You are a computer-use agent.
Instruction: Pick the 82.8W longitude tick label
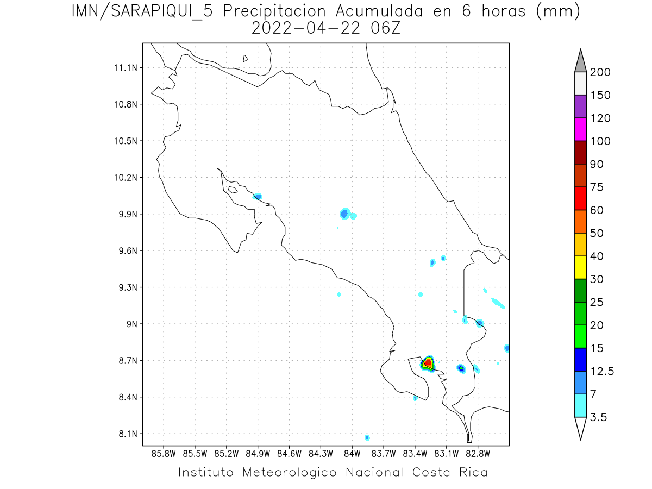click(478, 453)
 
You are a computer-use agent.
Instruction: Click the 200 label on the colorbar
click(600, 72)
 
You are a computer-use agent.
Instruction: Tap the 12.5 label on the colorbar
click(603, 372)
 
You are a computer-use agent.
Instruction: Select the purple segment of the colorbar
click(580, 106)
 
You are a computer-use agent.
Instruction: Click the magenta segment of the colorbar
click(580, 129)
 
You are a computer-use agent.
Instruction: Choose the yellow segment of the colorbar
click(580, 267)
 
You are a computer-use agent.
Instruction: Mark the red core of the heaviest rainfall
click(428, 362)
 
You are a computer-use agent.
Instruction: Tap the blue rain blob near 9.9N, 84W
click(344, 214)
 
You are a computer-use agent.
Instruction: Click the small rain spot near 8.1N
click(367, 437)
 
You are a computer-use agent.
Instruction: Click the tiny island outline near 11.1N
click(246, 58)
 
